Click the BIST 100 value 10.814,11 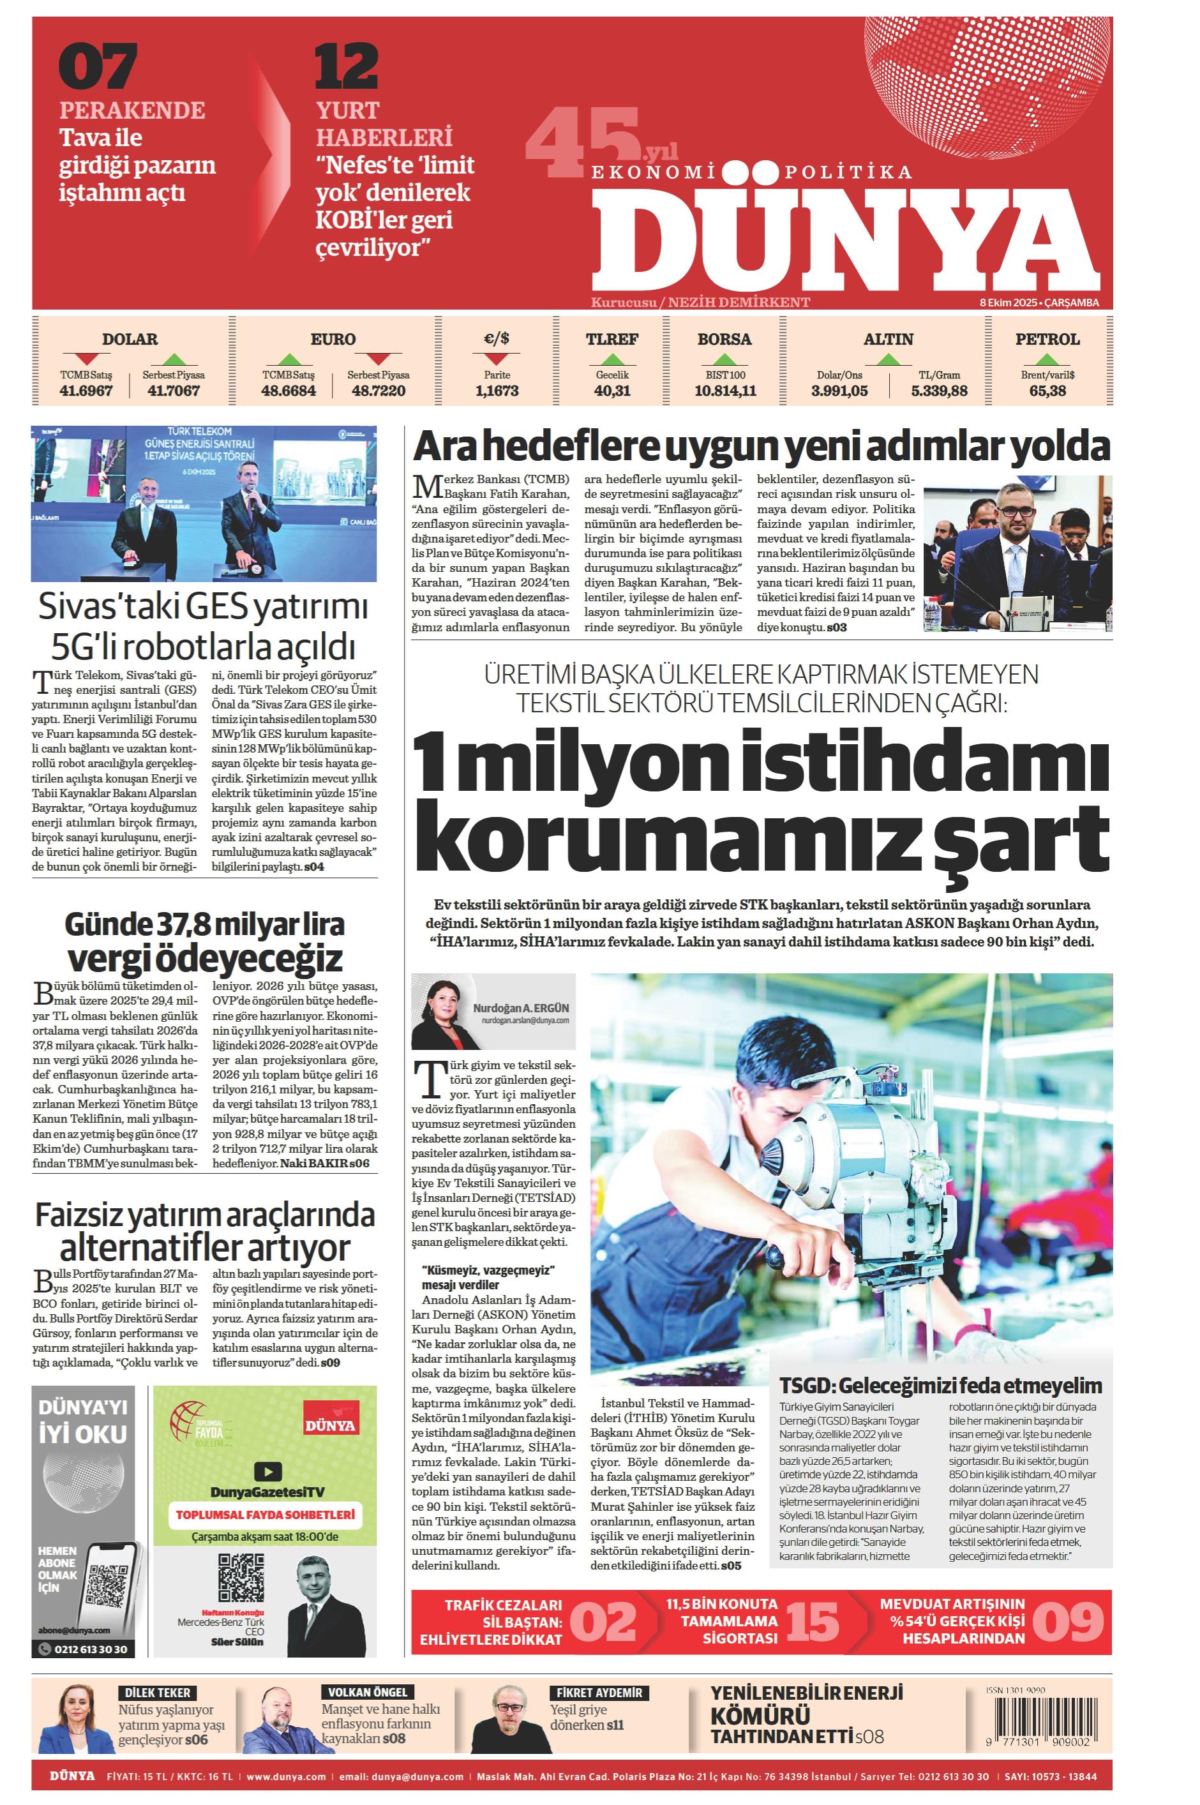724,391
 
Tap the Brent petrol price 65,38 1047,391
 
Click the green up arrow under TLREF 611,358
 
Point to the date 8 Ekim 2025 1008,303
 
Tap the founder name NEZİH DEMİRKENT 739,303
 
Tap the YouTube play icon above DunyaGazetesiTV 267,1471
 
